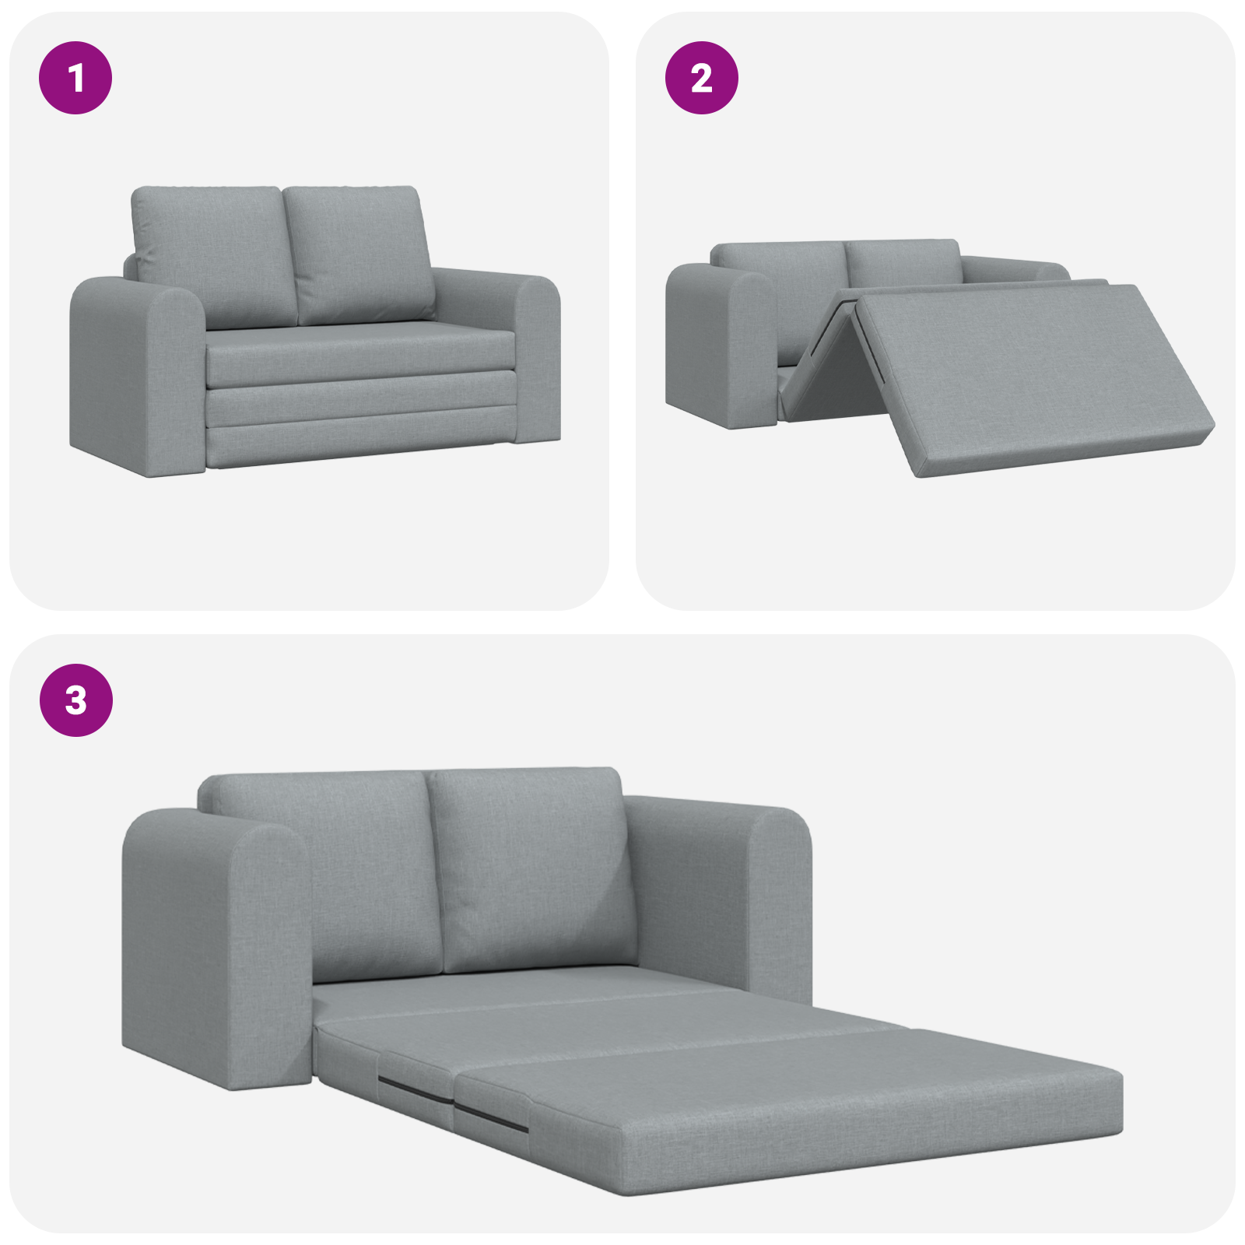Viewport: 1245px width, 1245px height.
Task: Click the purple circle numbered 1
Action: [75, 78]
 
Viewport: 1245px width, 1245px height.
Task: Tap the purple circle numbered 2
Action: [701, 78]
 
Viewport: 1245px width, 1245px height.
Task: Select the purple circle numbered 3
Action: [75, 700]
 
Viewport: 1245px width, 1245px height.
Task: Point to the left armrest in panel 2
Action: [720, 342]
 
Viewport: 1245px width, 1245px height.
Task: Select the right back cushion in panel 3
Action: [533, 864]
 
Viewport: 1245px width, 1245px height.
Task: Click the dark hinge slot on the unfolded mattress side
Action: [490, 1117]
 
